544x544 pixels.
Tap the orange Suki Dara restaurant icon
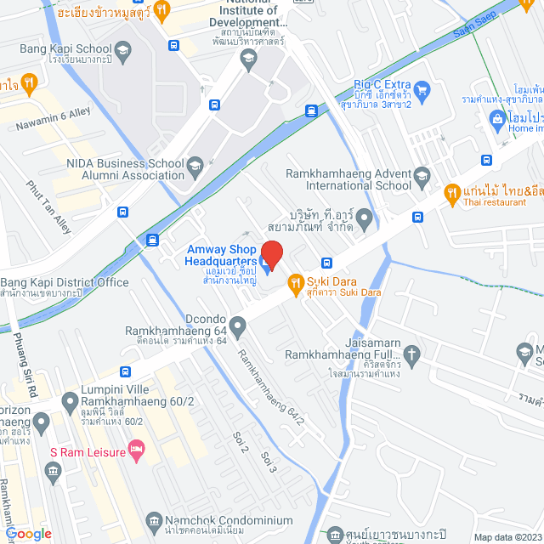click(x=296, y=282)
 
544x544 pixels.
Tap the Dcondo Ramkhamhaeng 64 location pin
click(x=238, y=324)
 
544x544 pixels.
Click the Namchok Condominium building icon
click(x=154, y=520)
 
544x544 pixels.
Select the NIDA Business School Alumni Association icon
click(x=195, y=164)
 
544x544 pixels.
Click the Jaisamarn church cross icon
click(x=412, y=353)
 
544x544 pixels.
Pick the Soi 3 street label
click(x=269, y=462)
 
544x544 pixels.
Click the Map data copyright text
click(x=507, y=537)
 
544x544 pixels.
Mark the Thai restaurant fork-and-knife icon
click(x=452, y=193)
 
